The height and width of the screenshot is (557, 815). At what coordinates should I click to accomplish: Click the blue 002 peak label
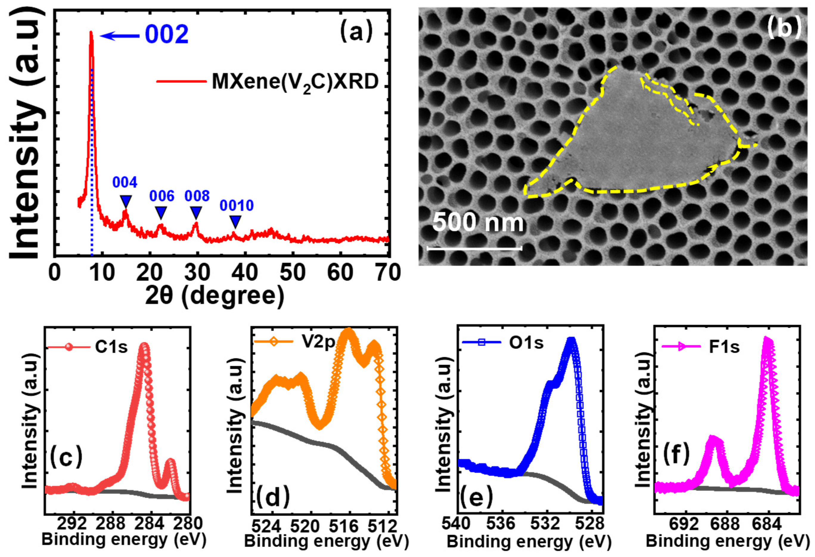167,35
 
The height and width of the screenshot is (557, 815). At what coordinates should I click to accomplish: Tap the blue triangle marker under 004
126,201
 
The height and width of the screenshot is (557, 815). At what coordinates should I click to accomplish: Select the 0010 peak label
237,206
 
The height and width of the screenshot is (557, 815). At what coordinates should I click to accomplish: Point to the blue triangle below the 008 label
196,212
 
